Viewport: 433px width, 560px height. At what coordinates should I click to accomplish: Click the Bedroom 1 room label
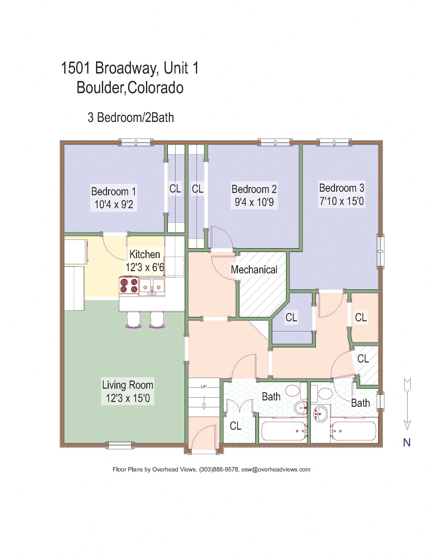[x=113, y=191]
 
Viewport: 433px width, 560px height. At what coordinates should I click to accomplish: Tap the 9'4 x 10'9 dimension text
[x=254, y=202]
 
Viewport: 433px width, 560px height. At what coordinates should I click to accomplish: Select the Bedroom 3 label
[x=341, y=188]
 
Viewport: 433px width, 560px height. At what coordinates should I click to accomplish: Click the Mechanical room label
[x=254, y=270]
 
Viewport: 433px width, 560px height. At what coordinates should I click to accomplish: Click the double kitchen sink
[x=152, y=287]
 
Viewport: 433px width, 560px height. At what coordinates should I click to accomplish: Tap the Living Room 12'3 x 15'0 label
[x=128, y=391]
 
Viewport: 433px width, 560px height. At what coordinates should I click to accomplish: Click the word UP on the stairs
[x=204, y=387]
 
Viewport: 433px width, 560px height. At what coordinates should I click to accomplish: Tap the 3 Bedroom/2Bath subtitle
[x=131, y=118]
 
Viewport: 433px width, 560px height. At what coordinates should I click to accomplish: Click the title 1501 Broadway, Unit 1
[x=130, y=68]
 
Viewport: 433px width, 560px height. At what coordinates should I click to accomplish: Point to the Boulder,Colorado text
[x=130, y=88]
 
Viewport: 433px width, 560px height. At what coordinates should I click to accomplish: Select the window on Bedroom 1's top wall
[x=136, y=143]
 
